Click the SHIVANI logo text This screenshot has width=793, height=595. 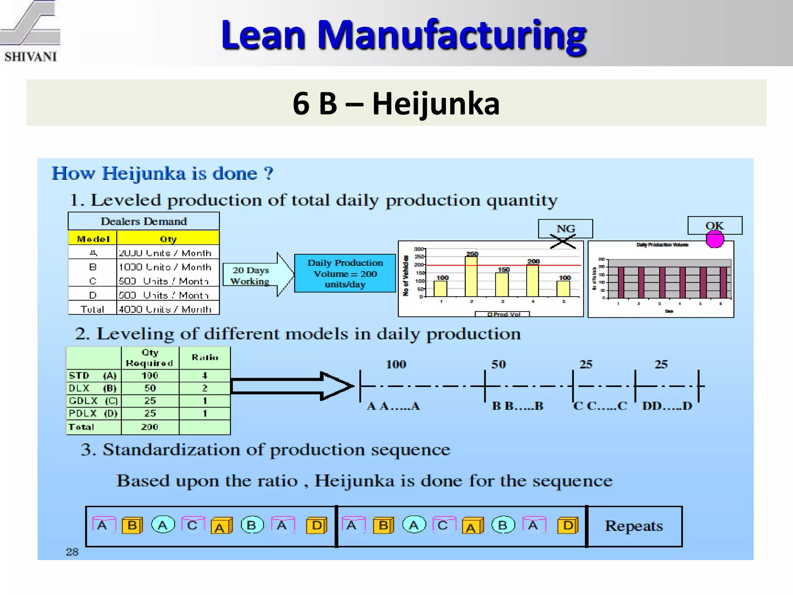[31, 57]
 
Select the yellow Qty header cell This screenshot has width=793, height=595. [168, 239]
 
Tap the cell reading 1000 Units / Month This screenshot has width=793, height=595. [165, 267]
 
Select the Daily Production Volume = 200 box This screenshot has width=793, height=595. [345, 273]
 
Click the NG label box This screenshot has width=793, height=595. [565, 228]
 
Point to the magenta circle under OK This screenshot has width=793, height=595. [714, 239]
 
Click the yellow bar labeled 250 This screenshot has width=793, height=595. [471, 276]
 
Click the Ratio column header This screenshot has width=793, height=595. [205, 358]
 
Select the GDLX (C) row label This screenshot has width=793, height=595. [93, 401]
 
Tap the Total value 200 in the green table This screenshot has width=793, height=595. [150, 427]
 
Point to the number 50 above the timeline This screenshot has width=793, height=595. [498, 364]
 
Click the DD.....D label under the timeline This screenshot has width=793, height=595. [667, 406]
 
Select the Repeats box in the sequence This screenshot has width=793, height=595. [634, 526]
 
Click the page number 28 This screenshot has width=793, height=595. [72, 552]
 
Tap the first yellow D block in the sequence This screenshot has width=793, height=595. [317, 526]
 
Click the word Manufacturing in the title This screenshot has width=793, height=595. [453, 35]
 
